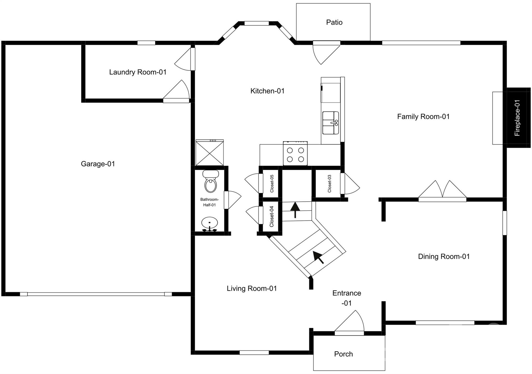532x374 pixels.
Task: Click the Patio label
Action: (334, 22)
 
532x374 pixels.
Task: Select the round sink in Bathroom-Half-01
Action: (209, 223)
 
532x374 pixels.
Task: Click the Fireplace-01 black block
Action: (518, 118)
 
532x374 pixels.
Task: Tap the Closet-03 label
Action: (329, 183)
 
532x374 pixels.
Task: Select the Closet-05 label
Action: (272, 183)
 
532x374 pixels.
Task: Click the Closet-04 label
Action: (271, 216)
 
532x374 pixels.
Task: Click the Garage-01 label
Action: (98, 164)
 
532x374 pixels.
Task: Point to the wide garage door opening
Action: (96, 294)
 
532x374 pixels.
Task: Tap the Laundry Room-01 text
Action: (137, 72)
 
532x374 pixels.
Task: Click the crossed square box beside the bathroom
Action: (209, 153)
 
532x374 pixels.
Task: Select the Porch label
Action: (343, 354)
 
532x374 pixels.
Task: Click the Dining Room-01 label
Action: (444, 257)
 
